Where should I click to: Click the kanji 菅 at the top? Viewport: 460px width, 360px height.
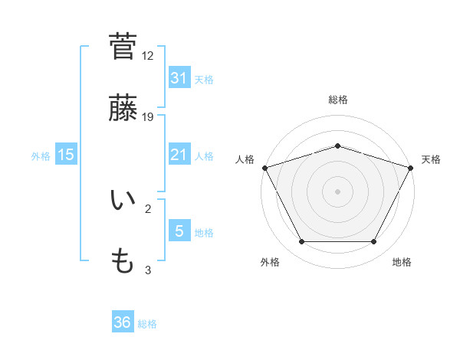pyautogui.click(x=123, y=45)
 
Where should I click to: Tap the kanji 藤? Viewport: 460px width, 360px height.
pyautogui.click(x=123, y=110)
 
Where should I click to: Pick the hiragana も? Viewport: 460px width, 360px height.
pyautogui.click(x=123, y=263)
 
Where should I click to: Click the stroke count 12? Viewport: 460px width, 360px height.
pyautogui.click(x=148, y=56)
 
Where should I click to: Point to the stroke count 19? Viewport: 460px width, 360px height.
pyautogui.click(x=148, y=116)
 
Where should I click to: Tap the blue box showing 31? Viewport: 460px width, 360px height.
pyautogui.click(x=179, y=77)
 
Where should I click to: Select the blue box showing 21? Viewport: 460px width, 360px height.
pyautogui.click(x=179, y=155)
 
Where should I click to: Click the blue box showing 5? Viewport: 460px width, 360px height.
pyautogui.click(x=179, y=231)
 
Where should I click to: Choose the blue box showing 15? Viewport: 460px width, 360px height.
pyautogui.click(x=66, y=155)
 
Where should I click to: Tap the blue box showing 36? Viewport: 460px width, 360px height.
pyautogui.click(x=123, y=322)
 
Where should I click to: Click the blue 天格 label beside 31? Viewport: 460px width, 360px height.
pyautogui.click(x=204, y=79)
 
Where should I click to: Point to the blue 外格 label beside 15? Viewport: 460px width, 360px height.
pyautogui.click(x=41, y=155)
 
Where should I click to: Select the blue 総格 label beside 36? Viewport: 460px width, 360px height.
pyautogui.click(x=147, y=324)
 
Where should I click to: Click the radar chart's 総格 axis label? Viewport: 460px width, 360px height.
pyautogui.click(x=337, y=100)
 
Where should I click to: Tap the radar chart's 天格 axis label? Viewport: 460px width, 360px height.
pyautogui.click(x=431, y=159)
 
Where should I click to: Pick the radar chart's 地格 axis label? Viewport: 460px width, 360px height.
pyautogui.click(x=402, y=263)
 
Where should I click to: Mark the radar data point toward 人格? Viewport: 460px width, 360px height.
pyautogui.click(x=264, y=168)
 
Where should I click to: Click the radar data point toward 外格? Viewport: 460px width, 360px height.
pyautogui.click(x=301, y=242)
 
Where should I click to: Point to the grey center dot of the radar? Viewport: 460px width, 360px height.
pyautogui.click(x=337, y=191)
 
